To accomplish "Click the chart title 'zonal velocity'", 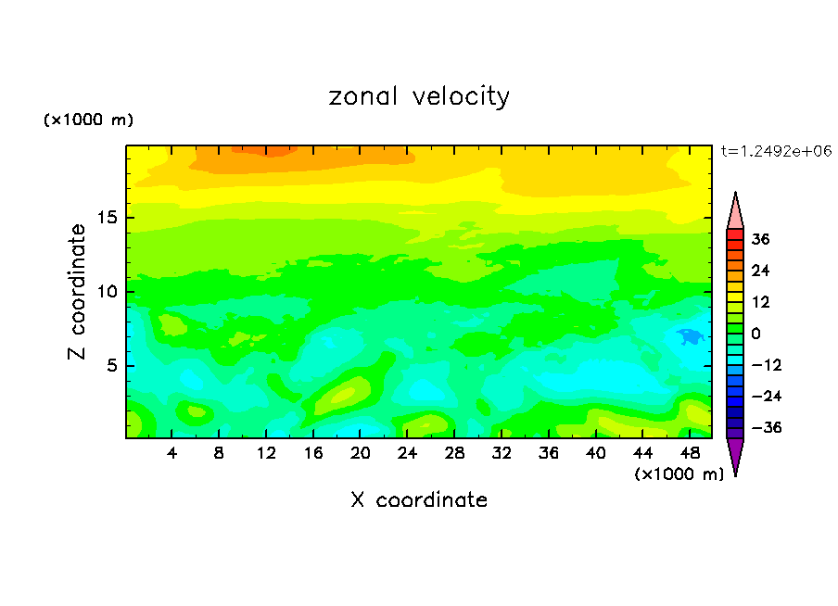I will tap(419, 96).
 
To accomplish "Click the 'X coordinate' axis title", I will tap(419, 500).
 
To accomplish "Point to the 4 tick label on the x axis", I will tap(172, 453).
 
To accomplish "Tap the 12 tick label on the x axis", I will tap(267, 453).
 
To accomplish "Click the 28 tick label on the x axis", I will tap(455, 453).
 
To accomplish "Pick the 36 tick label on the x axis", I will tap(549, 453).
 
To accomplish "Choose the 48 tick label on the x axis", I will tap(690, 453).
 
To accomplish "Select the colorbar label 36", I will tap(761, 239).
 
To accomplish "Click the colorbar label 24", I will tap(761, 271).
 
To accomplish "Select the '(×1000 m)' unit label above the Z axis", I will tap(89, 120).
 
